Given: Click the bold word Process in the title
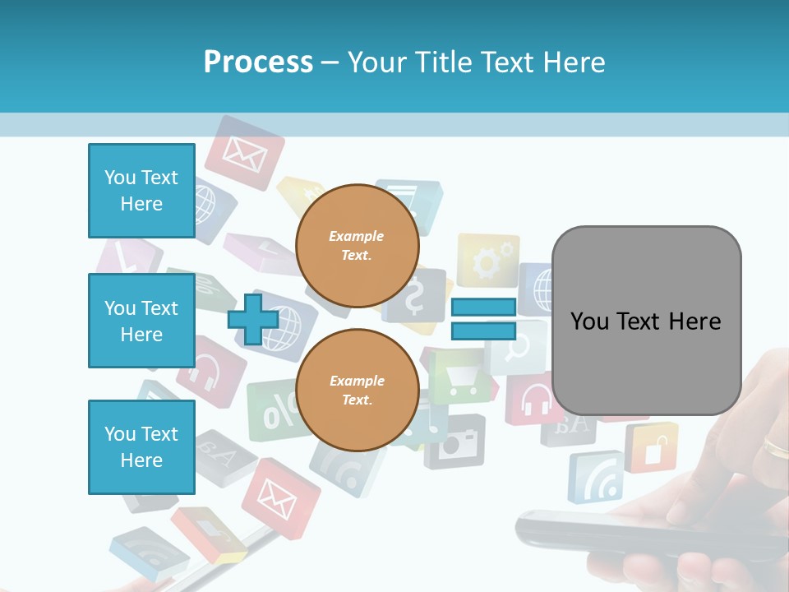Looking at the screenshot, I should pyautogui.click(x=258, y=62).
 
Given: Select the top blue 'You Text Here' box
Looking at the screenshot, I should pyautogui.click(x=141, y=191).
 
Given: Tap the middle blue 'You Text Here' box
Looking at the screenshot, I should pyautogui.click(x=141, y=321).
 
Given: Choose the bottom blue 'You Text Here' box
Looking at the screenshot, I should pyautogui.click(x=141, y=446).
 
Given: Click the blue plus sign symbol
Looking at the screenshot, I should pyautogui.click(x=253, y=318).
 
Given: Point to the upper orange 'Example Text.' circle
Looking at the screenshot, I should pyautogui.click(x=357, y=246).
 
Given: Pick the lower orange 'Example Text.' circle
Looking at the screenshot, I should pyautogui.click(x=357, y=390).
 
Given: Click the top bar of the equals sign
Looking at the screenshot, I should pyautogui.click(x=483, y=308).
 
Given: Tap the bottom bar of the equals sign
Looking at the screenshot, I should pyautogui.click(x=483, y=331).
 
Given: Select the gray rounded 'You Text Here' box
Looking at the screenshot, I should pyautogui.click(x=646, y=321).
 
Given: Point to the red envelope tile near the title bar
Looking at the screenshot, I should pyautogui.click(x=244, y=152).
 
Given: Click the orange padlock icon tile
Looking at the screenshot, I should pyautogui.click(x=652, y=447).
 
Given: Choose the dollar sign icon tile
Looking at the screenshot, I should pyautogui.click(x=415, y=297).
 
